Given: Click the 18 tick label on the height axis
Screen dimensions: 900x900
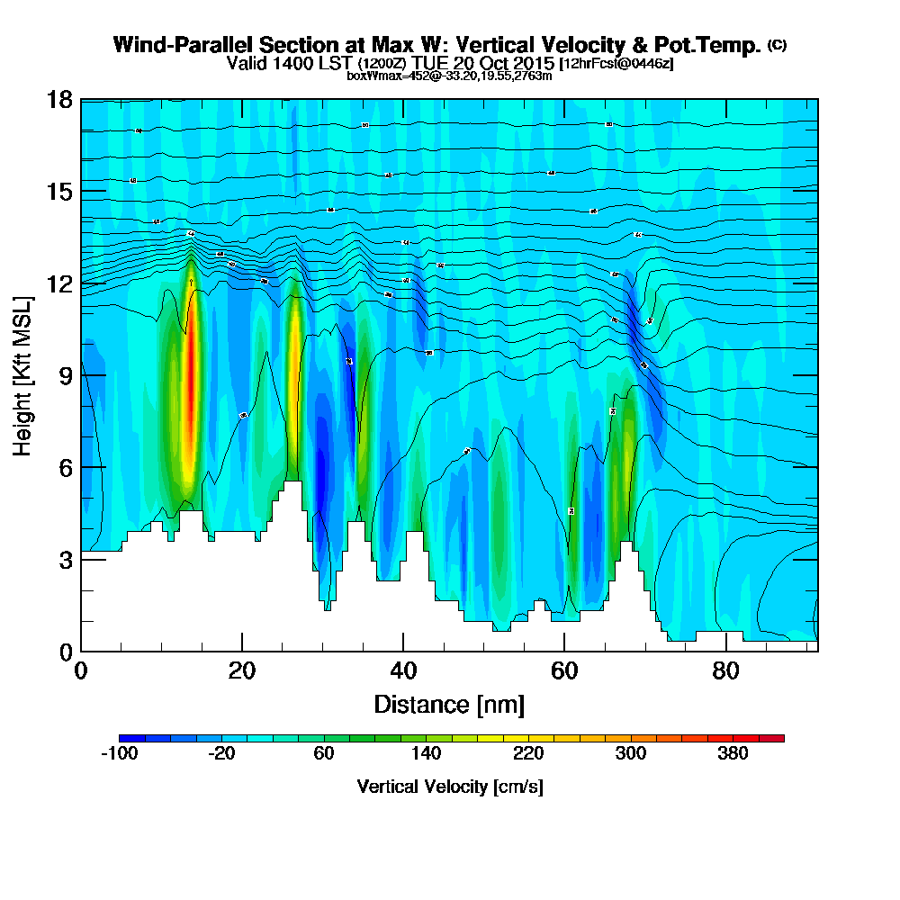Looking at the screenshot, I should [x=59, y=100].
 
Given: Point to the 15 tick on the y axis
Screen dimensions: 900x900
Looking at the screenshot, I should [x=59, y=192].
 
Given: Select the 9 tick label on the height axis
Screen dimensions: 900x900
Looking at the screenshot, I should [x=66, y=375].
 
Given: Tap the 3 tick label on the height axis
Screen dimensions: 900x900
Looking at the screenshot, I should [x=66, y=559].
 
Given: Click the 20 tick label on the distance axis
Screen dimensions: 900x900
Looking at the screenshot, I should [x=242, y=670].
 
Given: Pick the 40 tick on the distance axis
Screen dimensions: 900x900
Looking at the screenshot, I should [x=403, y=670].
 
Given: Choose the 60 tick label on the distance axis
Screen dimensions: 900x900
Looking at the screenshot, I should [x=564, y=670].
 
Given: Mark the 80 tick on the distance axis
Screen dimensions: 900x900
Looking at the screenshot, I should [x=725, y=670].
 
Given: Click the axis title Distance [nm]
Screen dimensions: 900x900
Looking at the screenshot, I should [x=449, y=704].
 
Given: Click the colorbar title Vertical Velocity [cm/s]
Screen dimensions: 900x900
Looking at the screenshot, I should [x=450, y=787].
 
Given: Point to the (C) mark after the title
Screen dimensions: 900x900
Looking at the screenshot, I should [x=777, y=44].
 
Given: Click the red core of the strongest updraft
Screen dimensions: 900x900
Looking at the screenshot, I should [x=190, y=378].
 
